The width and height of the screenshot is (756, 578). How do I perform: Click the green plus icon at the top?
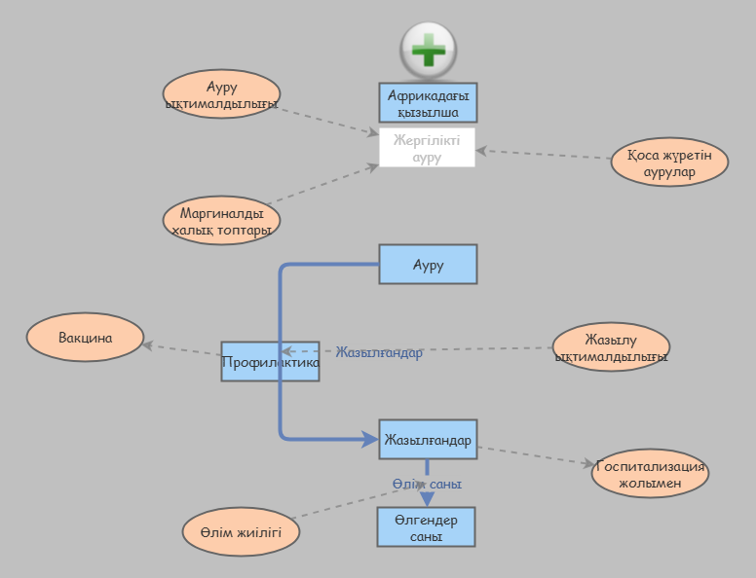click(x=429, y=49)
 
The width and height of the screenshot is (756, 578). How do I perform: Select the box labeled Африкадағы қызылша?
click(x=428, y=102)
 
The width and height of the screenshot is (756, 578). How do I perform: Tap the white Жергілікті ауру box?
click(x=427, y=148)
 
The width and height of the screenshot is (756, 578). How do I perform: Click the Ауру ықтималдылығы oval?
click(x=221, y=94)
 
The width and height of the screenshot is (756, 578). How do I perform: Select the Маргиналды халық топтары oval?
click(x=221, y=221)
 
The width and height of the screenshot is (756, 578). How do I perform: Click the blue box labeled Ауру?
click(x=428, y=265)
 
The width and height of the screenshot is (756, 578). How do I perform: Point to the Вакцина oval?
click(x=85, y=339)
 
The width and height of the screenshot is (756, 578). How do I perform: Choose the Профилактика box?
click(x=270, y=362)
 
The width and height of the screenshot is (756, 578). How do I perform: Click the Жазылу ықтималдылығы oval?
click(x=611, y=347)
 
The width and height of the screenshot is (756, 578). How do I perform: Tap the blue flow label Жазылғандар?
click(x=379, y=353)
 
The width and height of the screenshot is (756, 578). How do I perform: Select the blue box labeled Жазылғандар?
click(x=428, y=440)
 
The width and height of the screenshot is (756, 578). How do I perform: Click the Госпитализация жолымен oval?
click(x=650, y=474)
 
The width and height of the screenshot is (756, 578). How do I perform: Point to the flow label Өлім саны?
click(x=427, y=484)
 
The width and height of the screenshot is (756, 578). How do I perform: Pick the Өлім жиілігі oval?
click(x=241, y=532)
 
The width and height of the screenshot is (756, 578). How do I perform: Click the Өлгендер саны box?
click(x=427, y=527)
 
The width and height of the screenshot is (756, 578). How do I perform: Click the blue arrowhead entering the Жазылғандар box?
click(x=370, y=440)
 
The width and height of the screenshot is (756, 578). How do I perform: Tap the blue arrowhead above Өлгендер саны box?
click(x=427, y=497)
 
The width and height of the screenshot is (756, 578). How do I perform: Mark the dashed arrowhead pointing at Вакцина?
click(x=148, y=343)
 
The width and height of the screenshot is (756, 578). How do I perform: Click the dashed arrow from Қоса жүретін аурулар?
click(x=546, y=155)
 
